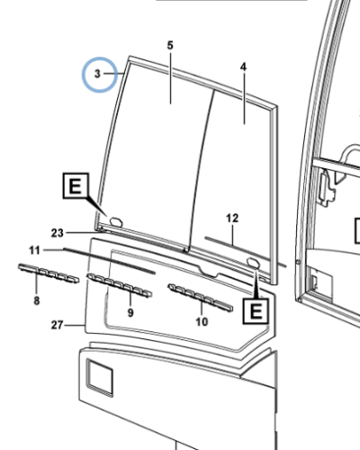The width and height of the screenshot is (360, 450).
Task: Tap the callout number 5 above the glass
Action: coord(169,44)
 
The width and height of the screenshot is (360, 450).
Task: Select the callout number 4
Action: coord(243,68)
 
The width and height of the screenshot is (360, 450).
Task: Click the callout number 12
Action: coord(231,219)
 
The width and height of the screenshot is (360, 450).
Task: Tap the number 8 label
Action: coord(36,300)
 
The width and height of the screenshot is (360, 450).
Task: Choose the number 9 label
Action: coord(130,312)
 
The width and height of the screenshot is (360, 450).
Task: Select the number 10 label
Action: coord(201,321)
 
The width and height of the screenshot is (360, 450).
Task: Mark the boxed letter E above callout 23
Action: coord(76,187)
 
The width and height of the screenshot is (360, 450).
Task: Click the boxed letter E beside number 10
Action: coord(256,312)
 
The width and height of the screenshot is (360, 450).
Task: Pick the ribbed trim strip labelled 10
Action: coord(200,297)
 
